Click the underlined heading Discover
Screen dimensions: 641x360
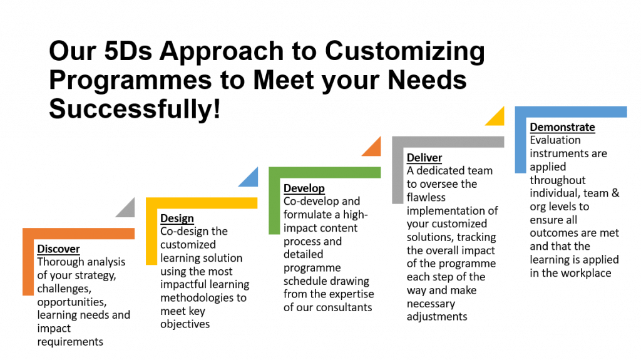[x=58, y=249]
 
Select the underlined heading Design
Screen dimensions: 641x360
[x=177, y=219]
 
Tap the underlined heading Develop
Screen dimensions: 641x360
[x=304, y=188]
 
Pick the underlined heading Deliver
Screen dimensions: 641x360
[x=424, y=158]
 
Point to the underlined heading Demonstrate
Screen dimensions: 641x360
[x=563, y=127]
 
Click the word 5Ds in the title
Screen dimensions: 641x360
[x=128, y=51]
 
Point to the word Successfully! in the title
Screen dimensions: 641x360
[x=135, y=108]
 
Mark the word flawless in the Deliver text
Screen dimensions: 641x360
[x=426, y=197]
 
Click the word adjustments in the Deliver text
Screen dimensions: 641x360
[x=437, y=317]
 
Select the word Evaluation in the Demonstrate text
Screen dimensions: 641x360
[x=555, y=140]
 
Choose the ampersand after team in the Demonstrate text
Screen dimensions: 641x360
[x=615, y=193]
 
